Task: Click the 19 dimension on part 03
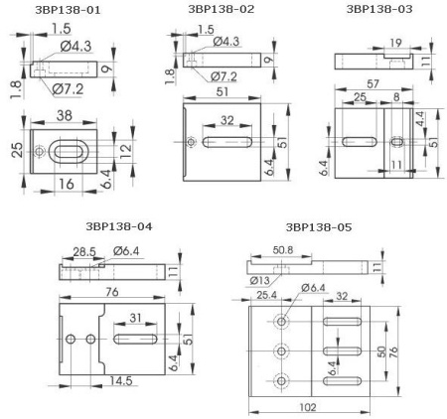(x=394, y=43)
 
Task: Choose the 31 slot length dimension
(x=137, y=317)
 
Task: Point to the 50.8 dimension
(x=285, y=250)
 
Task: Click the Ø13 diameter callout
(x=260, y=280)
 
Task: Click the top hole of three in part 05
(x=283, y=323)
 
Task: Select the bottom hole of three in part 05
(x=283, y=380)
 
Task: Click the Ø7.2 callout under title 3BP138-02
(x=226, y=76)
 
